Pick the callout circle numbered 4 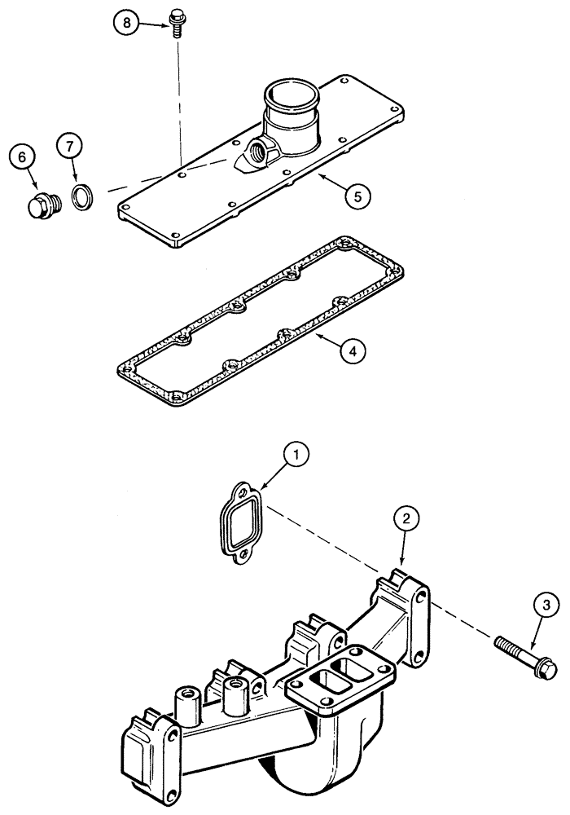pyautogui.click(x=352, y=351)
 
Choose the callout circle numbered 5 pyautogui.click(x=357, y=196)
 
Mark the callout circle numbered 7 pyautogui.click(x=70, y=147)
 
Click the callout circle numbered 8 pyautogui.click(x=126, y=24)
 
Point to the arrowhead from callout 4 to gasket pyautogui.click(x=318, y=334)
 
